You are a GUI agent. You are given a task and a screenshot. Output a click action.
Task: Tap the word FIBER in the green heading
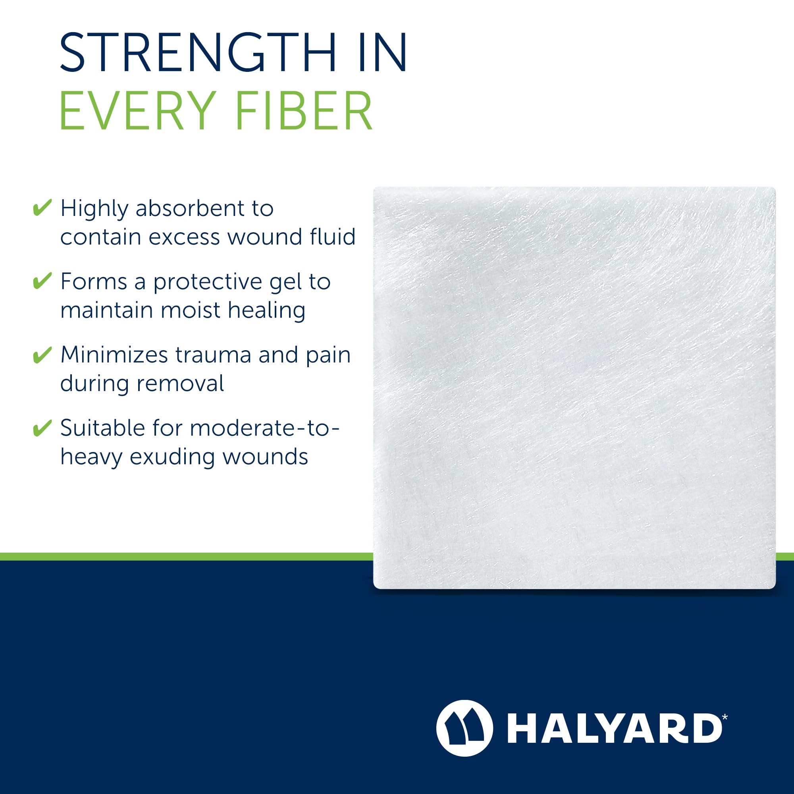(304, 111)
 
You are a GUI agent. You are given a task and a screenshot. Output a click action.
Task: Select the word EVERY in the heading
(138, 111)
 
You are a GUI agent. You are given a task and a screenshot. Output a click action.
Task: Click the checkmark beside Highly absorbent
(42, 208)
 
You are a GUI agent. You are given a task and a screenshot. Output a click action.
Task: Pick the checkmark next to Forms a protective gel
(42, 281)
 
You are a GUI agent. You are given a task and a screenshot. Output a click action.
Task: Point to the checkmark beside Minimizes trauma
(42, 355)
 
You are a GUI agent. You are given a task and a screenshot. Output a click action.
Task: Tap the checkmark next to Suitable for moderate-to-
(42, 428)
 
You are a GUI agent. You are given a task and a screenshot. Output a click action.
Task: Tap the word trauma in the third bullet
(213, 355)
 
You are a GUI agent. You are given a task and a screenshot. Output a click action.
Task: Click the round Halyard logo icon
(464, 728)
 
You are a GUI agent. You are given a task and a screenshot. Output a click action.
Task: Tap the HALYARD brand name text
(615, 728)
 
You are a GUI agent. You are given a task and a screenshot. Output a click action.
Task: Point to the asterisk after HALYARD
(725, 717)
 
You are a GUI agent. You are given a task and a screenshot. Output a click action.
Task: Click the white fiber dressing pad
(574, 387)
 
